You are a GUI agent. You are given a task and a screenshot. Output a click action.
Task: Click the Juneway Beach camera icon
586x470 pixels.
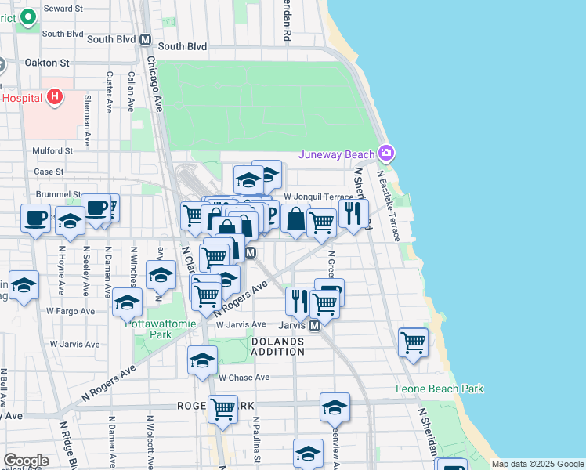(x=385, y=152)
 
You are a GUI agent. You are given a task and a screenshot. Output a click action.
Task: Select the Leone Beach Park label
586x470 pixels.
(x=439, y=389)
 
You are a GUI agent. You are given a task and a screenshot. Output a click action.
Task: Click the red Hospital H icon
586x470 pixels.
(x=54, y=97)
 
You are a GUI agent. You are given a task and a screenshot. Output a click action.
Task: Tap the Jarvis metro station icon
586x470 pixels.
(x=313, y=325)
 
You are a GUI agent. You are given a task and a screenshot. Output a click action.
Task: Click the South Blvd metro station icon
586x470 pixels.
(x=144, y=39)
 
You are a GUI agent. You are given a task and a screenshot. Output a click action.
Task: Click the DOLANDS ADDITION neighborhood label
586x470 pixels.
(x=278, y=346)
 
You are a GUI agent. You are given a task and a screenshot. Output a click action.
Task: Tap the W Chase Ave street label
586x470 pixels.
(x=244, y=377)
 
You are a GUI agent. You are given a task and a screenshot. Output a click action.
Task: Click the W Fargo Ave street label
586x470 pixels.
(x=70, y=311)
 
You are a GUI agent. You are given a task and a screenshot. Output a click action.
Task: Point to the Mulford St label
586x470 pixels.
(x=52, y=150)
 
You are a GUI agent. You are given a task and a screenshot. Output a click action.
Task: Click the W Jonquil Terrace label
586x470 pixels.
(x=318, y=197)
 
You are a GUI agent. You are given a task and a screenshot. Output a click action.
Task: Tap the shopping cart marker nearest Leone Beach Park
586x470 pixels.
(x=413, y=342)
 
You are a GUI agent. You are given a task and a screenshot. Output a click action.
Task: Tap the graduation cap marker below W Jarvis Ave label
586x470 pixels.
(x=202, y=360)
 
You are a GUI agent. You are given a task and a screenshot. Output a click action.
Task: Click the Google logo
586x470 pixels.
(x=27, y=461)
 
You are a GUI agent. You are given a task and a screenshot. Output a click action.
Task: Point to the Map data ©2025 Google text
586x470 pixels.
(x=537, y=464)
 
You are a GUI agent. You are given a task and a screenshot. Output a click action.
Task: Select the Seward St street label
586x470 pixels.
(x=63, y=8)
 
